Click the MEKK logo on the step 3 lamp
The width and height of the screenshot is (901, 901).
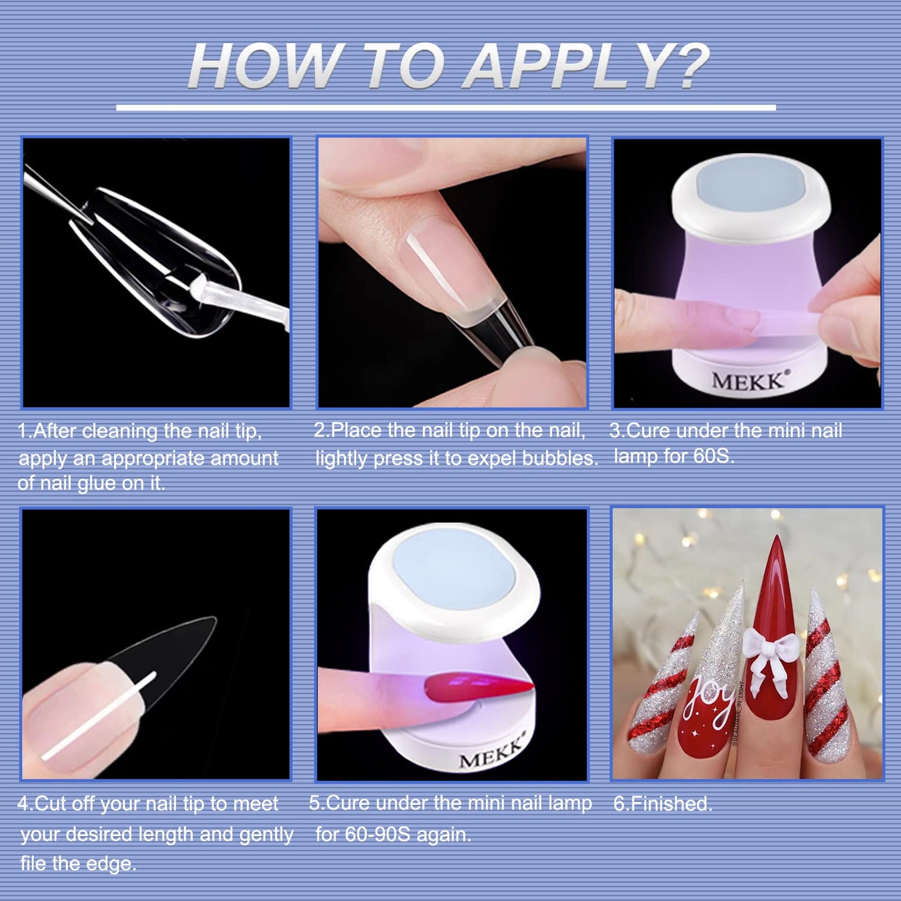pyautogui.click(x=748, y=380)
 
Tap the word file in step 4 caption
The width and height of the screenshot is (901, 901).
pyautogui.click(x=34, y=864)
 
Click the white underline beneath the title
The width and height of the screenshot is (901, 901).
pyautogui.click(x=446, y=108)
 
